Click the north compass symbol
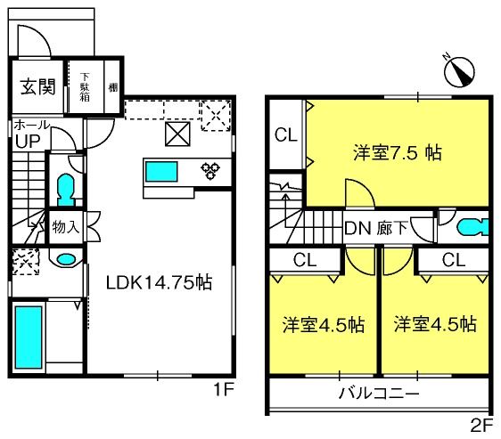459,71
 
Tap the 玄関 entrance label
38,86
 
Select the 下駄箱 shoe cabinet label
85,87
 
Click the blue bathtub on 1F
29,337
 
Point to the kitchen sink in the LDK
161,172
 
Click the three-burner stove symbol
210,171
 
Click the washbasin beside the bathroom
66,258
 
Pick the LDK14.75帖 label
159,282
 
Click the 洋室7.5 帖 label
398,153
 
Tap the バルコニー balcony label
379,394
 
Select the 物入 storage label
66,227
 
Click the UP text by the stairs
28,142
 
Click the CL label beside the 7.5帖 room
285,135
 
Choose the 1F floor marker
225,389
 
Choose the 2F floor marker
481,426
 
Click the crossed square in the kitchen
177,134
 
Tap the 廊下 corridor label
392,229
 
